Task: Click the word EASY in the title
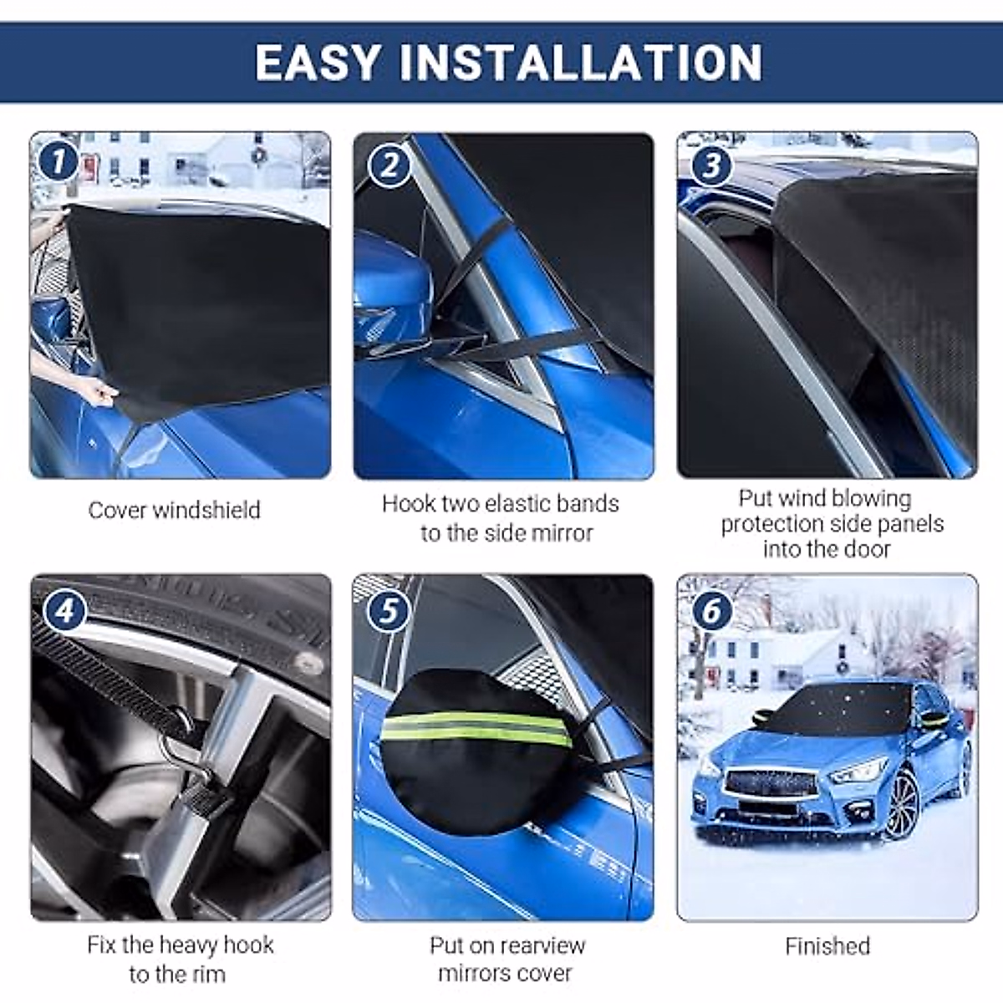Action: coord(318,63)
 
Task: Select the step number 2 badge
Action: coord(389,166)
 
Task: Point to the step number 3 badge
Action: coord(711,165)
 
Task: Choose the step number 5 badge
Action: coord(388,610)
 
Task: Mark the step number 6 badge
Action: coord(711,610)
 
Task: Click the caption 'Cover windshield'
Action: coord(174,510)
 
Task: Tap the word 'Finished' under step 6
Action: coord(827,946)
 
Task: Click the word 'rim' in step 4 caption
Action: coord(208,975)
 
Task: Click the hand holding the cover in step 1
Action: coord(100,390)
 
